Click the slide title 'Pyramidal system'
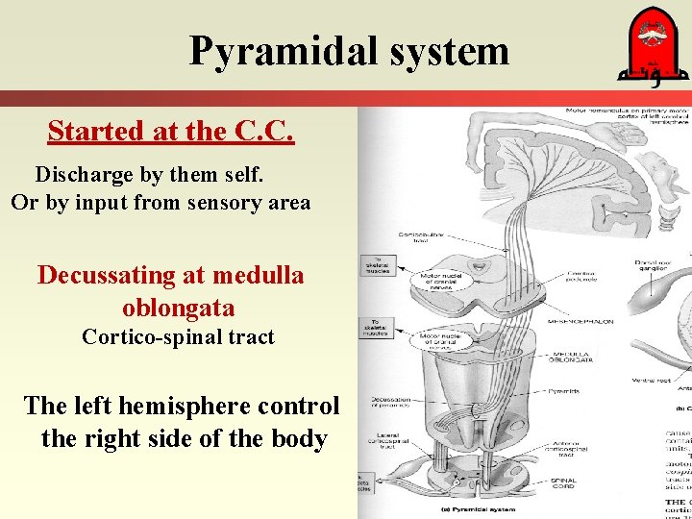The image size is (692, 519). coord(349,50)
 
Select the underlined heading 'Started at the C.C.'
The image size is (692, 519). coord(170,131)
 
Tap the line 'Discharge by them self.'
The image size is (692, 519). coord(149,175)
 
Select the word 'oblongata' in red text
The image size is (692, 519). coord(179,309)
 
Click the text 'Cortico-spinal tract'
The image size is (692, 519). coord(178,337)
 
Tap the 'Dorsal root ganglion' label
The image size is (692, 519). coord(655,266)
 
